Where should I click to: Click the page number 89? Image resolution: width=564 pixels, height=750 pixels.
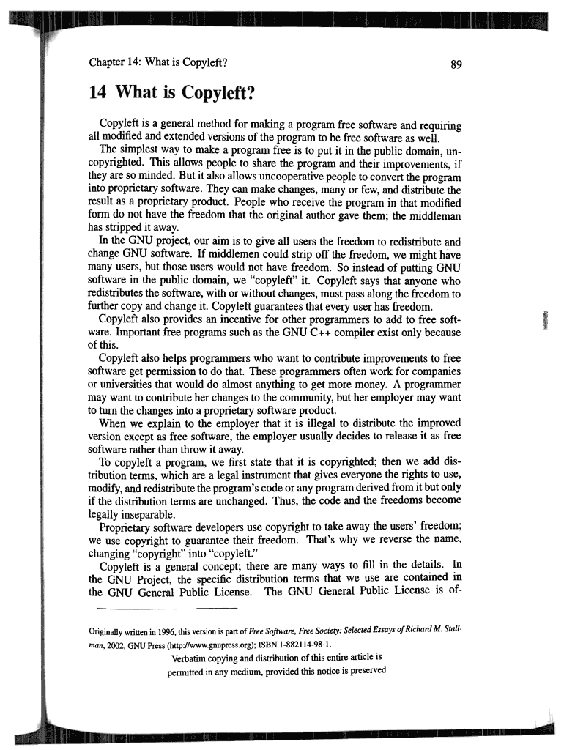(x=456, y=64)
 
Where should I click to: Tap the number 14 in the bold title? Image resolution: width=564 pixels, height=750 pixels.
(x=98, y=93)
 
